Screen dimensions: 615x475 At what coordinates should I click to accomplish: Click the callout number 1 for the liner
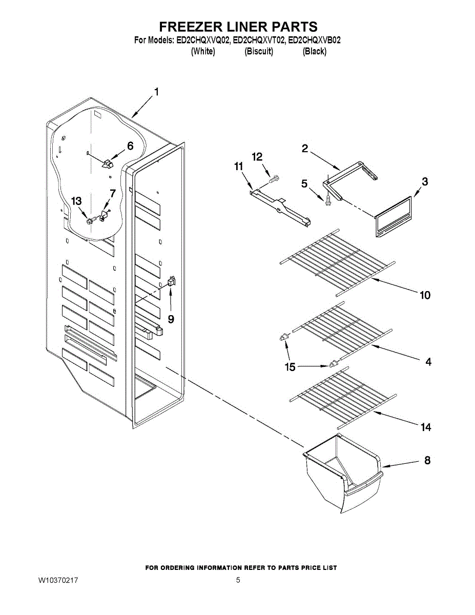156,93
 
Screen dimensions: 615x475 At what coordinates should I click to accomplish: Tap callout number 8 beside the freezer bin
427,460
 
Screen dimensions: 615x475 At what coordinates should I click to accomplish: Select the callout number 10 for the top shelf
425,295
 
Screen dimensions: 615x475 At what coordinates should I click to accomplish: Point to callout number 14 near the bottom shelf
426,427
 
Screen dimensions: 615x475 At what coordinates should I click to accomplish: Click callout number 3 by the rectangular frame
425,181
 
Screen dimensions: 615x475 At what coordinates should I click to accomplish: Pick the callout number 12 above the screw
257,156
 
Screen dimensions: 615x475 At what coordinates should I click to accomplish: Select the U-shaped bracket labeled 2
351,176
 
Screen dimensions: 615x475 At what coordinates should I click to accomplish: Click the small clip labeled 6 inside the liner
108,163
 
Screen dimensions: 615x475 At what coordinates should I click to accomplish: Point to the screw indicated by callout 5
326,198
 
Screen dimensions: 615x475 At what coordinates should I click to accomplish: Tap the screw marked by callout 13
91,221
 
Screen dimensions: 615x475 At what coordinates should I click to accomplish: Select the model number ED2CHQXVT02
259,40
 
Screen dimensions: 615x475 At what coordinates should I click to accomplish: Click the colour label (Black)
314,51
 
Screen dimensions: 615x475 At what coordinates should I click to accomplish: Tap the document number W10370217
58,581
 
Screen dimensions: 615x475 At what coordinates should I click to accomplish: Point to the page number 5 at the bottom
238,581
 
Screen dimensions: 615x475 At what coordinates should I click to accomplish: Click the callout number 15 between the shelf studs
291,367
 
